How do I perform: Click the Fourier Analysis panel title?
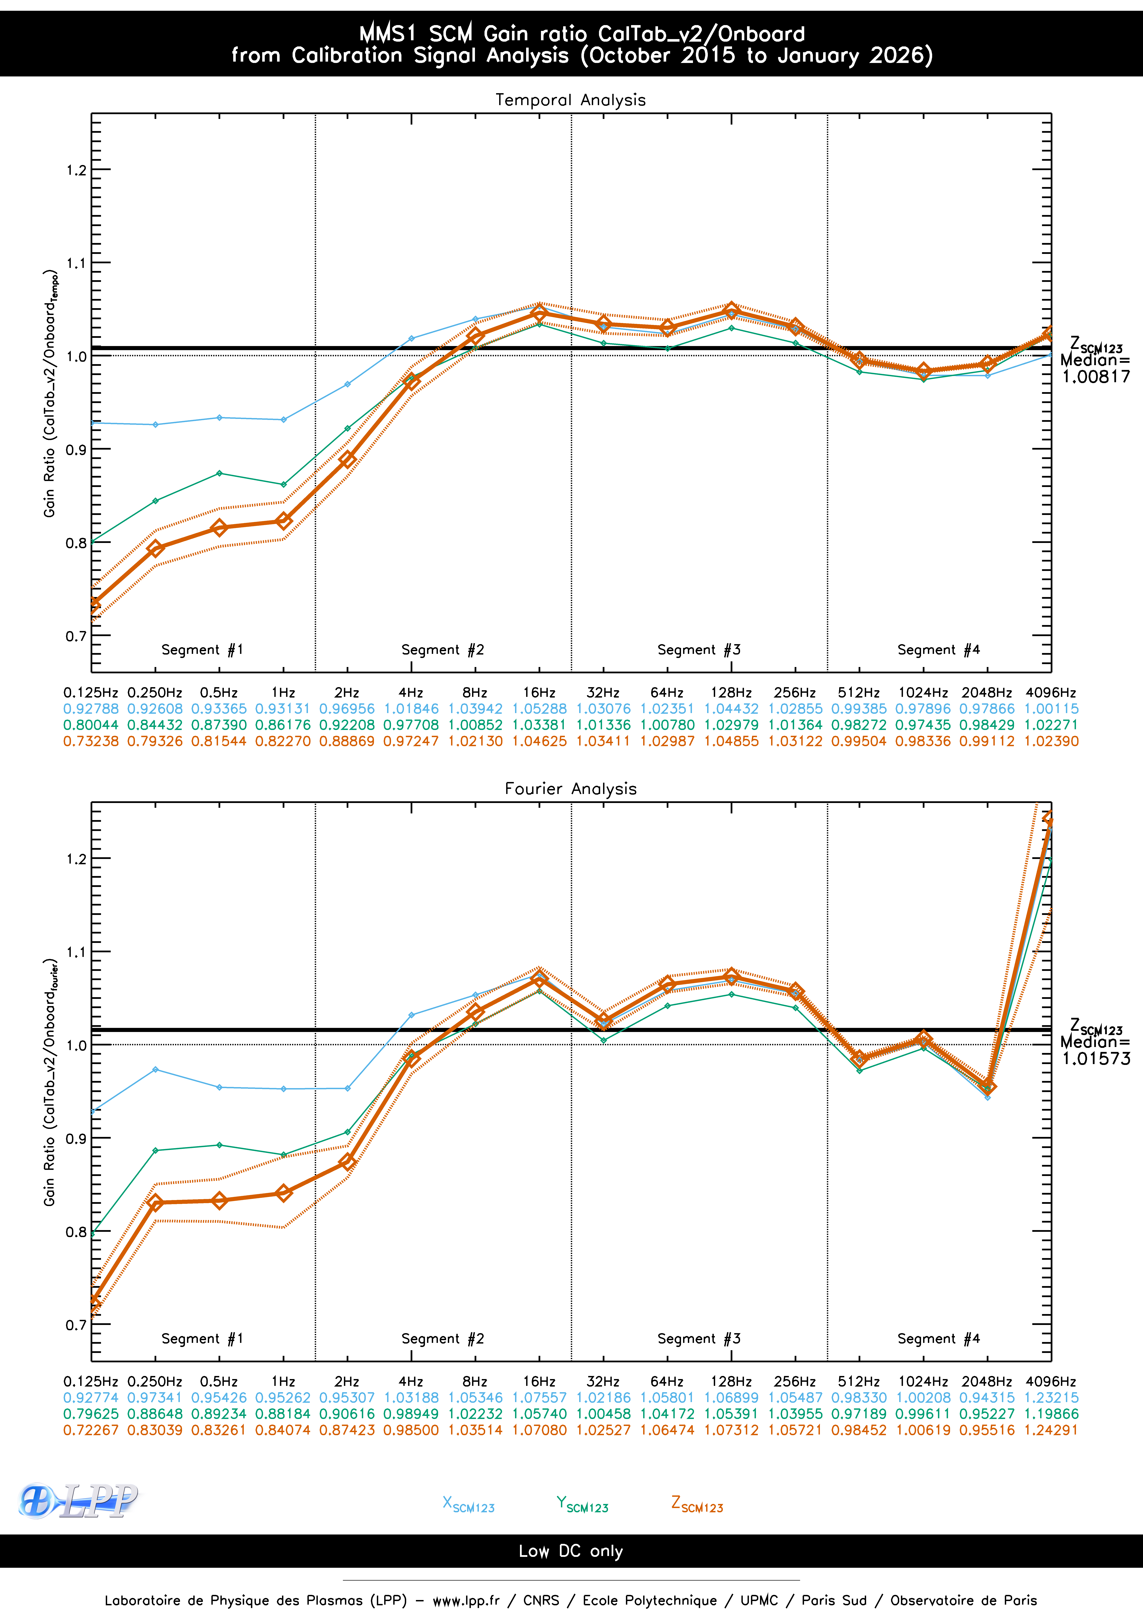point(570,789)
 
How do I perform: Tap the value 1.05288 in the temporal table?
point(539,709)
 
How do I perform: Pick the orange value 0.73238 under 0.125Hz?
point(91,741)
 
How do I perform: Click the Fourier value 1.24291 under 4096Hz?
point(1051,1430)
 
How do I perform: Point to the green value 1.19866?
point(1051,1414)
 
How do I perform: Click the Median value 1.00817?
point(1096,377)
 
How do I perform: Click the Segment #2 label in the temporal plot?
point(443,650)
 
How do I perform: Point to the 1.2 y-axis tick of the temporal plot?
point(76,170)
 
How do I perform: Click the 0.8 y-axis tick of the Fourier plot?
point(76,1232)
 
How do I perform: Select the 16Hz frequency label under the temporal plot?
point(539,693)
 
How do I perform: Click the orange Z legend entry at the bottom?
point(697,1504)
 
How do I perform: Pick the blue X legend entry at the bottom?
point(468,1504)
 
